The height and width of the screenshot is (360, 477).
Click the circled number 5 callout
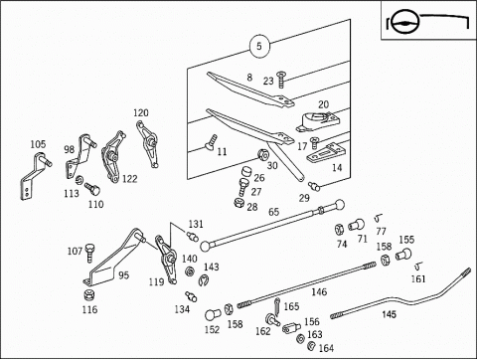(259, 46)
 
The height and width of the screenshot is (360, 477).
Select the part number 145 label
(389, 314)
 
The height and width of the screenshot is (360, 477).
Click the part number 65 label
(274, 212)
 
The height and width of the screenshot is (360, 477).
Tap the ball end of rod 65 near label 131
(205, 246)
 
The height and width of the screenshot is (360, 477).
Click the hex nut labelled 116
(88, 294)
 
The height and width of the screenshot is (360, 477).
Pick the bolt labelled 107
(89, 253)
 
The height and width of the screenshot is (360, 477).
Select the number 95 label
(123, 275)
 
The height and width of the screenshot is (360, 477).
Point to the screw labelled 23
(281, 80)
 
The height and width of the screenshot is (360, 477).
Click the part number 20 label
(323, 104)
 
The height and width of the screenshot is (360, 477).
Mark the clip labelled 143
(203, 280)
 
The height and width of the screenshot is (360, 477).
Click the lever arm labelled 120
(147, 144)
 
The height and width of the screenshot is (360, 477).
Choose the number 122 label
(130, 179)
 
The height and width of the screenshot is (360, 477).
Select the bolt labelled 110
(92, 189)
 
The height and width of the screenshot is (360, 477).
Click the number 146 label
(319, 291)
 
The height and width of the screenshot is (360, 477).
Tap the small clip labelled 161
(418, 266)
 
